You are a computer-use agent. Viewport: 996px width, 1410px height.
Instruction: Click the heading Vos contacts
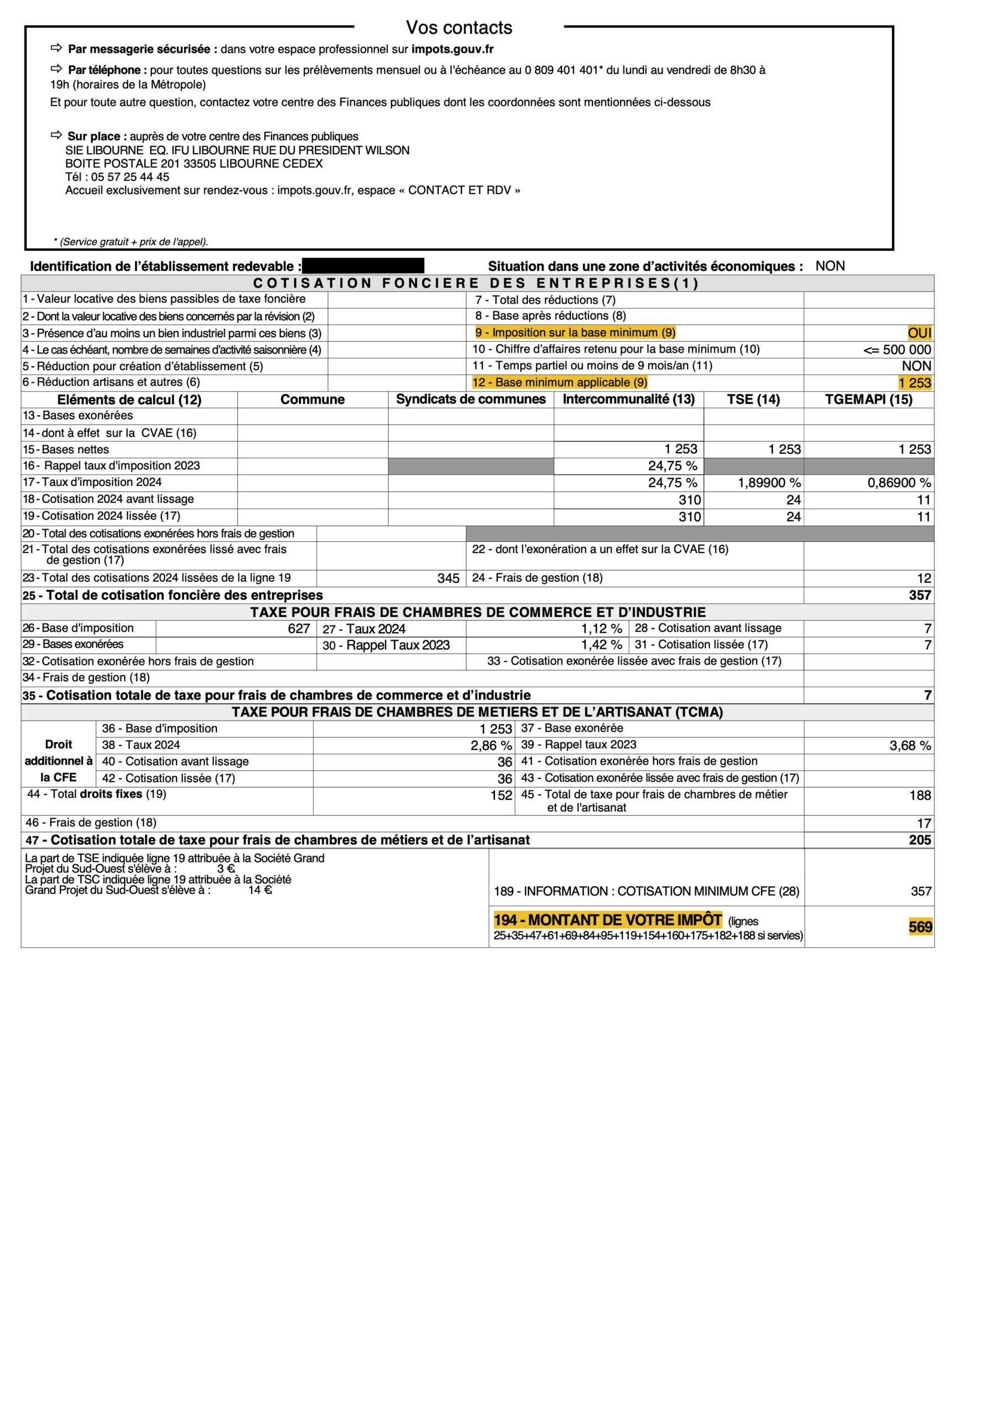pyautogui.click(x=459, y=28)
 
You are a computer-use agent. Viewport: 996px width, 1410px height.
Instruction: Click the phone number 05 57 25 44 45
pyautogui.click(x=130, y=177)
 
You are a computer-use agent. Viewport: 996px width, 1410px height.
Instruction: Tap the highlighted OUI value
pyautogui.click(x=919, y=333)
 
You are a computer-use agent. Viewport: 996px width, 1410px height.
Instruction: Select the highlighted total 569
pyautogui.click(x=920, y=927)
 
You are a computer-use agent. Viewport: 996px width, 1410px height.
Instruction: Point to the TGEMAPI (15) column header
pyautogui.click(x=868, y=399)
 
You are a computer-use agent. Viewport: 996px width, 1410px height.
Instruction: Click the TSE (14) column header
pyautogui.click(x=753, y=399)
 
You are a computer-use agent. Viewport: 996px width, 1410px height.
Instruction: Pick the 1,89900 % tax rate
pyautogui.click(x=769, y=482)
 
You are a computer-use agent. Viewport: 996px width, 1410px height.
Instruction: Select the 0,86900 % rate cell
pyautogui.click(x=899, y=482)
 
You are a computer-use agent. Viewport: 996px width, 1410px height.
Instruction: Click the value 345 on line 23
pyautogui.click(x=448, y=578)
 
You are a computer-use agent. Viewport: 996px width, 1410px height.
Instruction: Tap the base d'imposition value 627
pyautogui.click(x=298, y=628)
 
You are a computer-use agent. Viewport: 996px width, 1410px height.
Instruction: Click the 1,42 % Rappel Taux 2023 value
pyautogui.click(x=601, y=645)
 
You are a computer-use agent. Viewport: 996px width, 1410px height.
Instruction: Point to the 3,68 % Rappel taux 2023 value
pyautogui.click(x=910, y=746)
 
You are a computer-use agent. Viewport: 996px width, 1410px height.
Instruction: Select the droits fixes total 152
pyautogui.click(x=501, y=795)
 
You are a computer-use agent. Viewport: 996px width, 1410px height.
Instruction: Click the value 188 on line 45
pyautogui.click(x=920, y=795)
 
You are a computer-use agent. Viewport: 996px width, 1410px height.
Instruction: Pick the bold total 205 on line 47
pyautogui.click(x=920, y=840)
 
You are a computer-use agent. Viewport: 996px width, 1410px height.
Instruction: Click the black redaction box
pyautogui.click(x=363, y=266)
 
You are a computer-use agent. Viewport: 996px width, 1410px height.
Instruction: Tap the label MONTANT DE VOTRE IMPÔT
pyautogui.click(x=608, y=920)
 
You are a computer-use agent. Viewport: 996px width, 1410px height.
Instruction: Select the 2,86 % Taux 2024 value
pyautogui.click(x=491, y=746)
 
